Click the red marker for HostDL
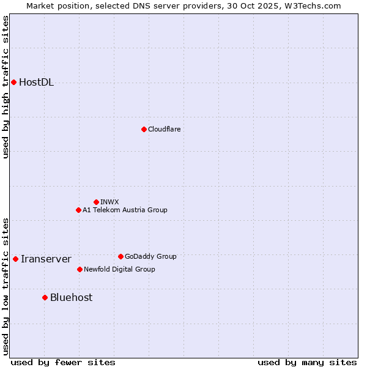click(x=13, y=82)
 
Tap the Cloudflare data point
click(x=144, y=129)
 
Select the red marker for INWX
click(x=96, y=202)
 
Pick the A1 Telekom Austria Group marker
click(x=78, y=210)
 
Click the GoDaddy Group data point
click(x=120, y=256)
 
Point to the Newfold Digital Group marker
click(x=80, y=269)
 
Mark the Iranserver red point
click(x=15, y=259)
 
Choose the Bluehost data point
click(x=45, y=297)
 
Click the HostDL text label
click(x=37, y=83)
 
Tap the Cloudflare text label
click(x=164, y=129)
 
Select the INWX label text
click(x=109, y=202)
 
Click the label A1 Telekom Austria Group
click(x=125, y=210)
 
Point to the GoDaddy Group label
click(x=150, y=256)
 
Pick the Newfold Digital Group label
click(x=119, y=269)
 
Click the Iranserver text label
click(x=46, y=259)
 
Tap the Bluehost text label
click(x=72, y=298)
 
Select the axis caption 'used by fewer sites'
click(x=63, y=362)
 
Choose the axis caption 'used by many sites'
click(x=307, y=362)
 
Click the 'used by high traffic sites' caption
click(x=6, y=87)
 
